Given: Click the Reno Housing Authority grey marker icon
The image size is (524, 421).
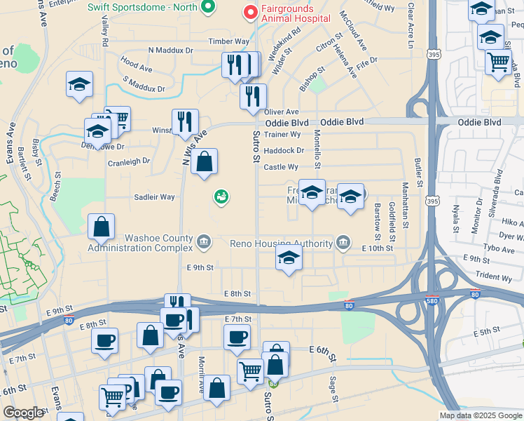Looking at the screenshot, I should (343, 243).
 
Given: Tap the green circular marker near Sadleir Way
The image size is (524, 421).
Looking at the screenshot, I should (221, 198).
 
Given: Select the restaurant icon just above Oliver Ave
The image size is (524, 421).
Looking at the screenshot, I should (253, 96).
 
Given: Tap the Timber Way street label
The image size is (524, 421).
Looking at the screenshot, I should (228, 42).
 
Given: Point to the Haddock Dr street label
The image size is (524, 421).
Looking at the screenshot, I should (285, 150).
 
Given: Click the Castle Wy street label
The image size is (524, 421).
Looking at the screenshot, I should (281, 167).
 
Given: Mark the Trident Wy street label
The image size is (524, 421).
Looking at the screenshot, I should (494, 278).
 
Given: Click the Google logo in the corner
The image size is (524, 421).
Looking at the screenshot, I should (22, 413).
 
